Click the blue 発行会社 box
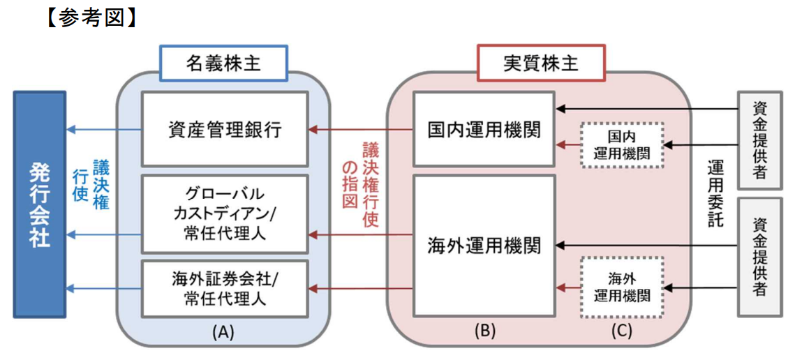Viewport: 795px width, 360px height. (40, 205)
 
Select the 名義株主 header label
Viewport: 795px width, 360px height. (223, 63)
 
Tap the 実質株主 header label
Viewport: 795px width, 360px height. (540, 63)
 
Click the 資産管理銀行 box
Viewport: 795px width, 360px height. (224, 129)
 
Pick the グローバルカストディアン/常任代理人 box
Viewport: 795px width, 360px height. (224, 213)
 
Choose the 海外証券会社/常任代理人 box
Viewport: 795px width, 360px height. (224, 287)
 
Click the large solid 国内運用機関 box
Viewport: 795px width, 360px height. (483, 128)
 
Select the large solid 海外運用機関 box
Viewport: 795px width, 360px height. (483, 244)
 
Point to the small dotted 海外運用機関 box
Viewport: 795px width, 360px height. (621, 287)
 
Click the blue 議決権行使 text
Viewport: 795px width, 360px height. (94, 183)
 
